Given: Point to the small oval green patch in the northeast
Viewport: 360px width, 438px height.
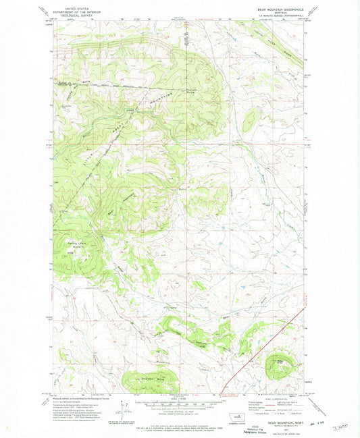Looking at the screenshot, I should pos(250,121).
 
